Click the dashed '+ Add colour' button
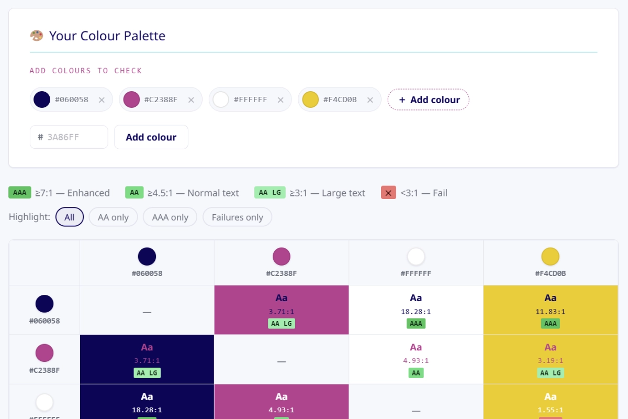click(x=428, y=100)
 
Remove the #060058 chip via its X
click(x=102, y=100)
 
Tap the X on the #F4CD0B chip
click(x=370, y=100)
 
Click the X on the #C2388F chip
click(x=191, y=100)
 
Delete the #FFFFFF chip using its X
click(x=281, y=100)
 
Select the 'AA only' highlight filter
click(x=113, y=217)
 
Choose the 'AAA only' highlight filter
click(x=170, y=217)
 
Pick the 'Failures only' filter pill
click(x=237, y=217)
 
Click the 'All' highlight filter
click(x=70, y=217)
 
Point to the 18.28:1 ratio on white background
click(x=416, y=312)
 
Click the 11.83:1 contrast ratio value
click(x=551, y=312)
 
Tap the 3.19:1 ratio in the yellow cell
click(x=551, y=361)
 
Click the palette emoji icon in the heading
click(x=37, y=36)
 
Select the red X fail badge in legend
click(x=388, y=193)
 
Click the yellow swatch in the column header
click(x=551, y=257)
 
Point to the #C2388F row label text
click(x=44, y=370)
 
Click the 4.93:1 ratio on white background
click(x=416, y=361)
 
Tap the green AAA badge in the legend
click(x=20, y=193)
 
